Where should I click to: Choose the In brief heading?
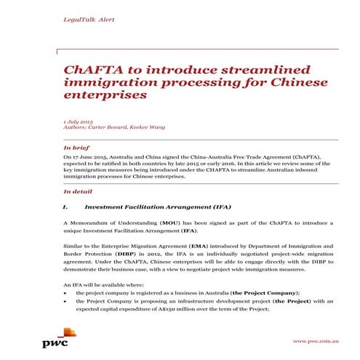pyautogui.click(x=77, y=148)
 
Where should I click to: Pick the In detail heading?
pyautogui.click(x=79, y=192)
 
